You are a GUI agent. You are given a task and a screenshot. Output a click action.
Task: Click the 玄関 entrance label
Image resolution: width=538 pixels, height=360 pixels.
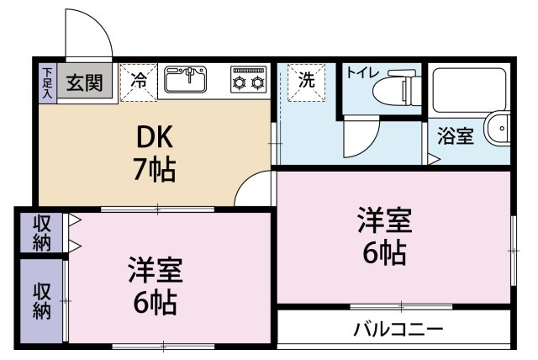coord(85,82)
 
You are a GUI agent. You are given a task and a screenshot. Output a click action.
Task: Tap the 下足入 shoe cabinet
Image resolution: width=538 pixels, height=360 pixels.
coord(48,82)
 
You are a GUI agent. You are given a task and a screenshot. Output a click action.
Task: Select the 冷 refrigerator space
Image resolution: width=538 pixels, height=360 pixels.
coord(138,81)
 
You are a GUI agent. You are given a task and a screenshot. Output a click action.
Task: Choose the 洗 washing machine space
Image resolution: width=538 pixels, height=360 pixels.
coord(306,81)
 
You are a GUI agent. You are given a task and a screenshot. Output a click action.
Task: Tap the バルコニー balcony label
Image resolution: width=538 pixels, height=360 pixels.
coord(398,329)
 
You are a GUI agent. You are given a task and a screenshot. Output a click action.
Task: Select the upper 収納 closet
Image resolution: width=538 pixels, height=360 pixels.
coord(41,233)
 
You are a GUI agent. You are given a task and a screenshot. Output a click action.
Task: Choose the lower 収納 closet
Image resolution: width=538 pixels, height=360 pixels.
coord(41,300)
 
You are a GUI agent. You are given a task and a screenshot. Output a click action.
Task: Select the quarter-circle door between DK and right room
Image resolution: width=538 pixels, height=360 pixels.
coord(254,190)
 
